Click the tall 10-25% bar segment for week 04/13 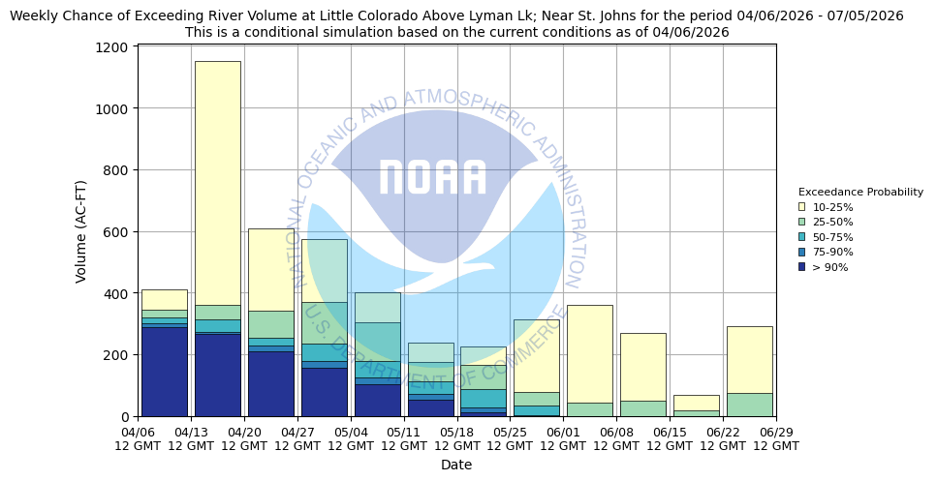click(217, 183)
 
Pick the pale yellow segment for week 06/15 click(696, 403)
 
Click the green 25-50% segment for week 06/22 click(749, 405)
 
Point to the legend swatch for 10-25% click(802, 207)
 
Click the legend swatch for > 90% click(802, 267)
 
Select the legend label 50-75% click(832, 237)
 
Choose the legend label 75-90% click(832, 252)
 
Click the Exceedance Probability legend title click(860, 192)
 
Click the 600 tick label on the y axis click(118, 232)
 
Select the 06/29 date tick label click(775, 438)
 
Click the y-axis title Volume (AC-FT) click(81, 230)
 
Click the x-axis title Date click(456, 465)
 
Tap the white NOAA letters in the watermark click(432, 177)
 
